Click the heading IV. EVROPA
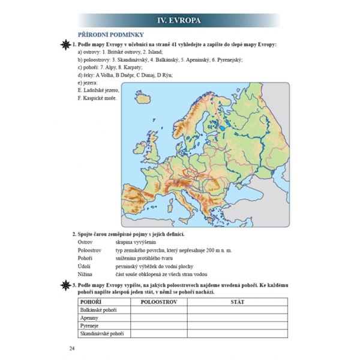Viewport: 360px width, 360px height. click(179, 20)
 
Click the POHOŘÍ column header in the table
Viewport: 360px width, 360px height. click(90, 302)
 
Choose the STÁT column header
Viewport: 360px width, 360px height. click(237, 302)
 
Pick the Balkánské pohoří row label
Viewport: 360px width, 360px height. click(98, 311)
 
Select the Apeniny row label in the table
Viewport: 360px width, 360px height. click(88, 319)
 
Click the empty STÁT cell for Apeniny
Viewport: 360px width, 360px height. click(237, 319)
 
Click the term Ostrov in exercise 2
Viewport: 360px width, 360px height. click(85, 241)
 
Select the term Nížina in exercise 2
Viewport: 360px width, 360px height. click(85, 272)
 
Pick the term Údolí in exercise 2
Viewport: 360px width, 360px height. click(85, 265)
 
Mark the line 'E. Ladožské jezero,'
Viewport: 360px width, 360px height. click(95, 90)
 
